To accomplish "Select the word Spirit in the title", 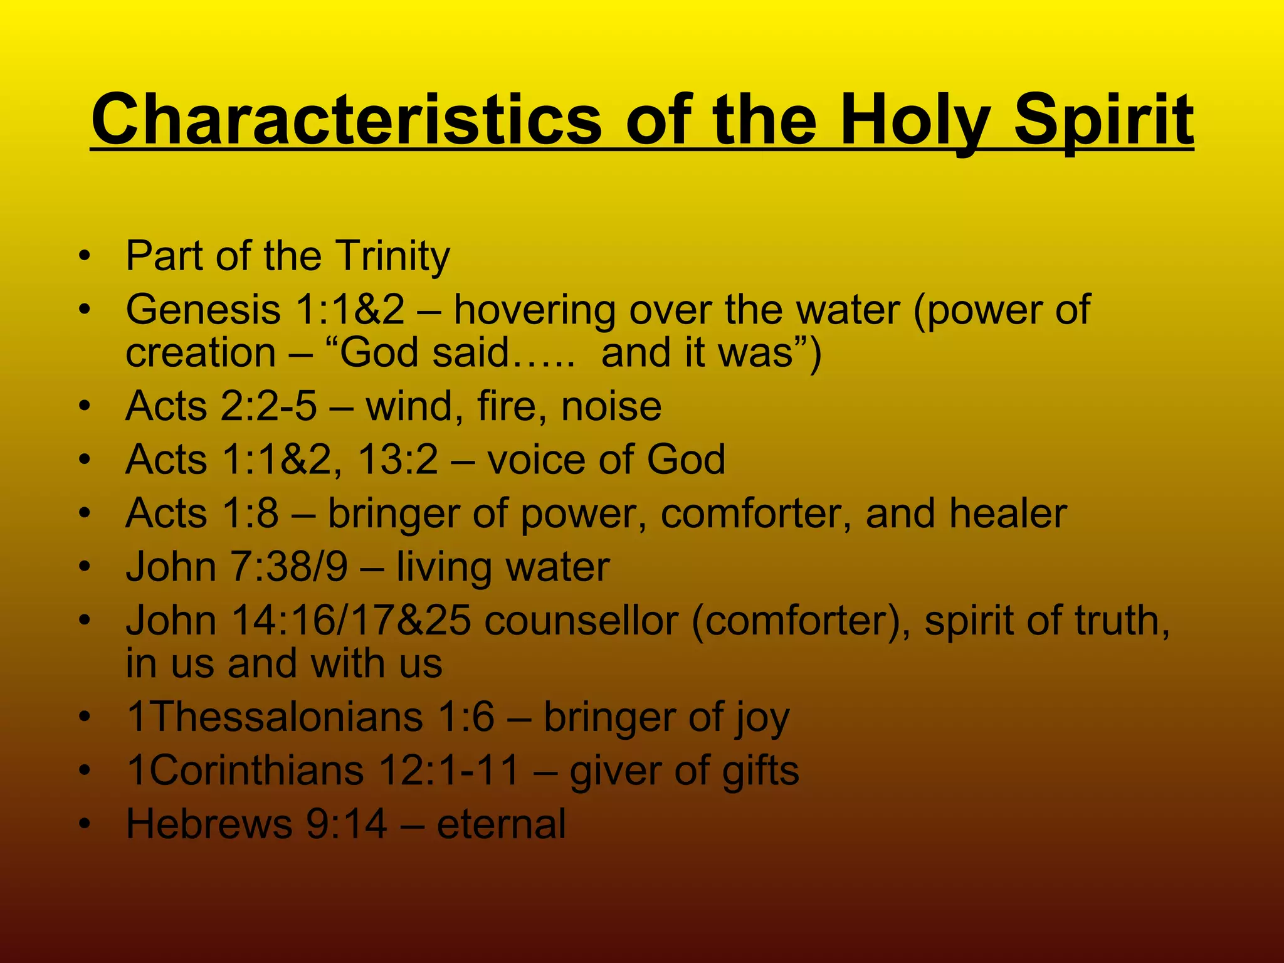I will click(x=1103, y=119).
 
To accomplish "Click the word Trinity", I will click(x=392, y=256).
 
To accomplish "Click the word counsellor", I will click(x=581, y=621).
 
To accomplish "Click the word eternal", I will click(x=501, y=824).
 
